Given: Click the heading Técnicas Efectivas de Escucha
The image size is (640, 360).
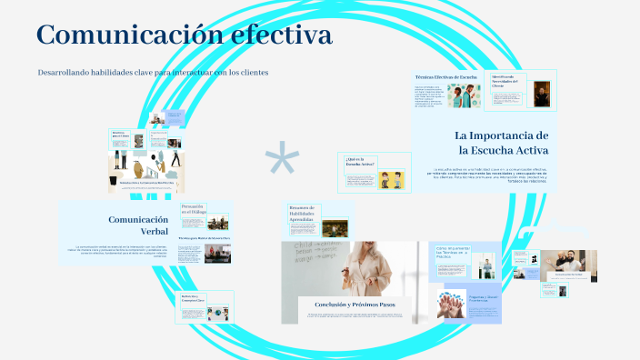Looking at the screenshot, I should tap(445, 78).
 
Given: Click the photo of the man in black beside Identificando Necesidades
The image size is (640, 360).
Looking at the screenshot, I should tap(541, 94).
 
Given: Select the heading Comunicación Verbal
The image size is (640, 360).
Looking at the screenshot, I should tap(138, 225).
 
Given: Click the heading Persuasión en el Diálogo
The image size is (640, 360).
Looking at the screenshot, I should tap(194, 211).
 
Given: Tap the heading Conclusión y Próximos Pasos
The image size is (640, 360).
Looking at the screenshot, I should tap(354, 304).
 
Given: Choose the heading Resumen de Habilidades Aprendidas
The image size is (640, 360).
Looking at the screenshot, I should tap(304, 215).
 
